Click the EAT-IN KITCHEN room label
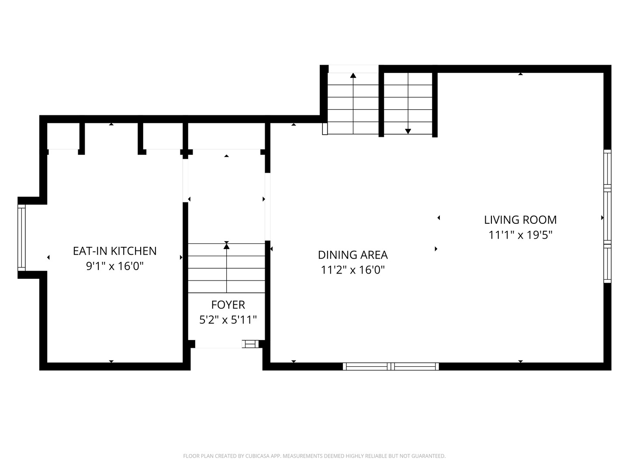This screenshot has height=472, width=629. (114, 251)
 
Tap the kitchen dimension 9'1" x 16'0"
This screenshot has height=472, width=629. (114, 266)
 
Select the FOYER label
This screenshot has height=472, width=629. (228, 305)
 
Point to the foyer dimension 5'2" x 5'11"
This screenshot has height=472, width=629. (228, 320)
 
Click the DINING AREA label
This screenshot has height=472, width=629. (353, 255)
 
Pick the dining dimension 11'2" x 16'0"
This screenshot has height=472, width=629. (353, 270)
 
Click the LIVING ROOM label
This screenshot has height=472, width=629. (520, 220)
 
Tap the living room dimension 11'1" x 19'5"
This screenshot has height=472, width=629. (520, 235)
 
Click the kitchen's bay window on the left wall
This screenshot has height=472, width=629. (21, 238)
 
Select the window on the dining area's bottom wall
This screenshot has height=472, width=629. (391, 367)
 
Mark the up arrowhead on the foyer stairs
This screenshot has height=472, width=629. (226, 246)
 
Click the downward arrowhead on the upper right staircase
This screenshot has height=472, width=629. (408, 132)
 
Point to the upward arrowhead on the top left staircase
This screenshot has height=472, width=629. (353, 75)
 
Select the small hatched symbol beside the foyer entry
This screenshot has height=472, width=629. (250, 344)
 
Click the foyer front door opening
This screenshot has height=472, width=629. (218, 347)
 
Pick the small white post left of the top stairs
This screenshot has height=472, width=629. (325, 129)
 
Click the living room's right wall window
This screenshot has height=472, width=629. (607, 216)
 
